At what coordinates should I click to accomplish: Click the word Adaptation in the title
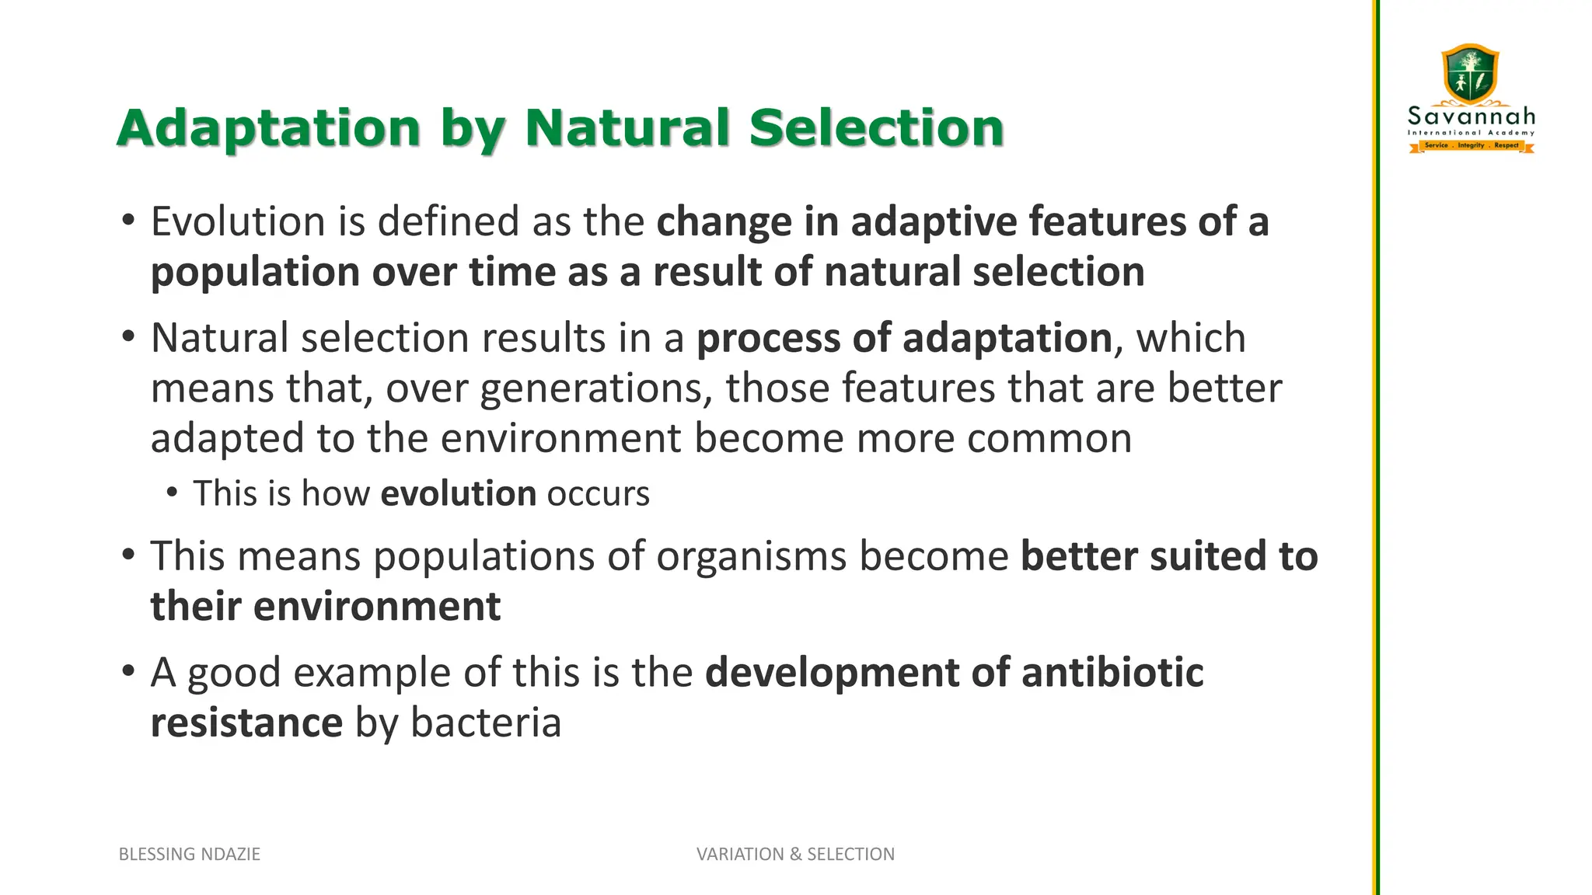click(x=269, y=128)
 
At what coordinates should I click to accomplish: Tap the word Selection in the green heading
click(x=876, y=128)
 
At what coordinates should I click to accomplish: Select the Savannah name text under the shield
click(x=1472, y=117)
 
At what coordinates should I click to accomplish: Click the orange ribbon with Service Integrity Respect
click(x=1472, y=145)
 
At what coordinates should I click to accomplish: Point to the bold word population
click(x=255, y=273)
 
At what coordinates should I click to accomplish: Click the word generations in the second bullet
click(x=591, y=388)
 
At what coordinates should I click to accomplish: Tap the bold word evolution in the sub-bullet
click(x=459, y=494)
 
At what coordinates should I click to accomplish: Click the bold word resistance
click(x=246, y=723)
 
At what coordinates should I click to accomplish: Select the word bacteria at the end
click(x=486, y=723)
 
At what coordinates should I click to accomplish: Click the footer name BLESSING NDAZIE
click(x=190, y=855)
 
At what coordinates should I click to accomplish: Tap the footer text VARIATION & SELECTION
click(x=795, y=855)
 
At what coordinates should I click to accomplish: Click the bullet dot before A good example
click(x=129, y=670)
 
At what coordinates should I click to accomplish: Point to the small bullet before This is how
click(x=173, y=492)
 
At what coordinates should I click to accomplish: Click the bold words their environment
click(x=326, y=607)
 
